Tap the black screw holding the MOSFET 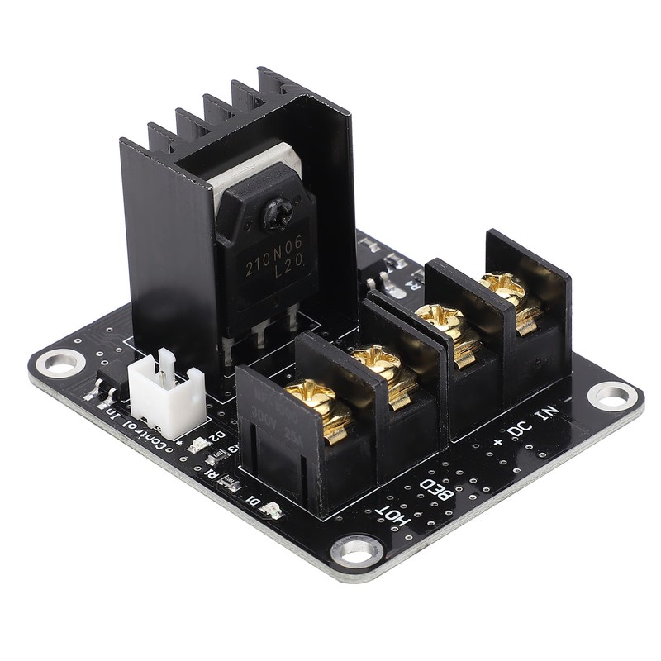click(274, 218)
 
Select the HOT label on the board click(392, 506)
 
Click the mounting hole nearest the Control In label click(61, 362)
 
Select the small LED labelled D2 click(198, 447)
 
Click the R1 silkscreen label click(212, 473)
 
